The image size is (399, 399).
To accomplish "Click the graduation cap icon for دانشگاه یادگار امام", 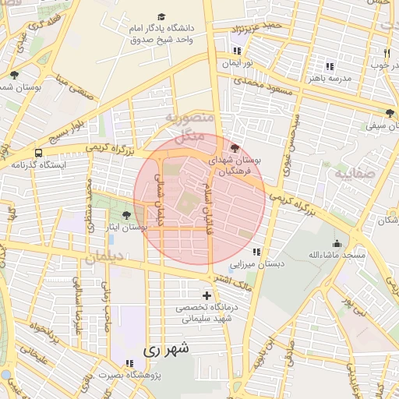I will [161, 16].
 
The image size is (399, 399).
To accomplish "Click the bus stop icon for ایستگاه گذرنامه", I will [38, 153].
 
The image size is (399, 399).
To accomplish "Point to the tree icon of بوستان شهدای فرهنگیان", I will [236, 147].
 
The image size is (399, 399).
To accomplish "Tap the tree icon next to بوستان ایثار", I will [126, 214].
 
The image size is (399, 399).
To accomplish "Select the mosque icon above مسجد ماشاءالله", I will [336, 243].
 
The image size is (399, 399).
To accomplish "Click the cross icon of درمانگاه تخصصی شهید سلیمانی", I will [207, 295].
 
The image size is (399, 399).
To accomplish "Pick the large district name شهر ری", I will [166, 351].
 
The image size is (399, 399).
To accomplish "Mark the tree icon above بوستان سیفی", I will [390, 113].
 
